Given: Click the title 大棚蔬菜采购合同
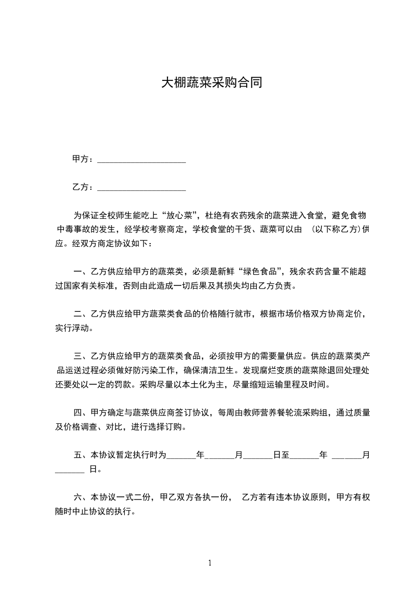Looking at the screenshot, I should pos(211,83).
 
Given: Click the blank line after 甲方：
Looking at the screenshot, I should pos(142,159).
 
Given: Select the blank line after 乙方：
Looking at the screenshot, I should pos(142,187).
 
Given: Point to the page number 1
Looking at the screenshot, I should pos(210,563).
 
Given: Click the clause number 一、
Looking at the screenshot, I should pos(81,272).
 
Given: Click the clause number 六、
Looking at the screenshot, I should pos(81,497).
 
